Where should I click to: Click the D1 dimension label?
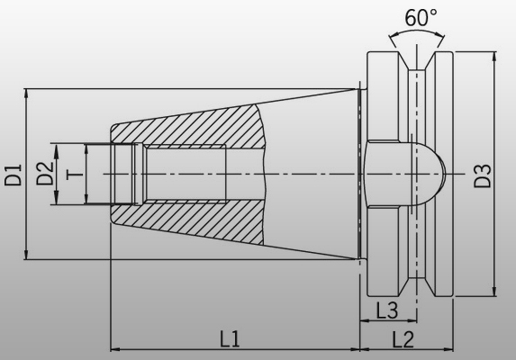point(13,173)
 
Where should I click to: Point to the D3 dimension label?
point(484,175)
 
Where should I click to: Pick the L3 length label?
point(387,310)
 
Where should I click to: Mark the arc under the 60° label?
point(415,33)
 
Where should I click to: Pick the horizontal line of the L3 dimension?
point(387,321)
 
